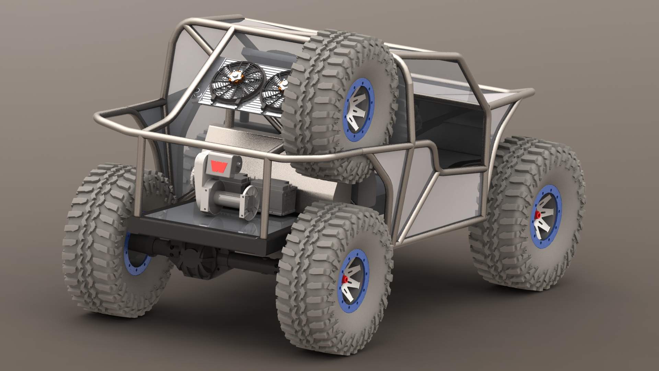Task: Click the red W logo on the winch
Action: [x=217, y=166]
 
